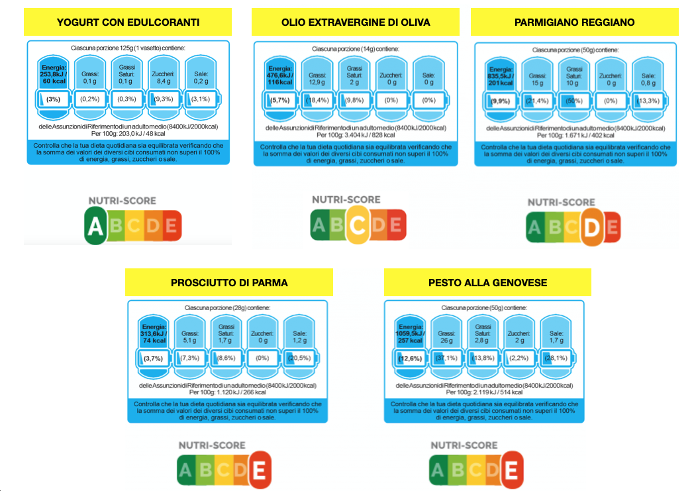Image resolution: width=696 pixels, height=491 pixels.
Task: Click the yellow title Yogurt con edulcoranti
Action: pyautogui.click(x=128, y=23)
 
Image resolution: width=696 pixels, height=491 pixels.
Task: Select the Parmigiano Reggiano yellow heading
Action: pyautogui.click(x=574, y=23)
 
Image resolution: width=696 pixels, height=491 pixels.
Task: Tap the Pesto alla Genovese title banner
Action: pyautogui.click(x=487, y=282)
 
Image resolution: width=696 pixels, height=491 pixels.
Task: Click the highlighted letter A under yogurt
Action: pyautogui.click(x=96, y=227)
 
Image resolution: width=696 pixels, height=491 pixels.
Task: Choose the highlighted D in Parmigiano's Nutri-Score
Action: pyautogui.click(x=593, y=228)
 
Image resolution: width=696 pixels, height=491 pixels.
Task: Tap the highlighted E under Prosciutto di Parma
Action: pyautogui.click(x=260, y=471)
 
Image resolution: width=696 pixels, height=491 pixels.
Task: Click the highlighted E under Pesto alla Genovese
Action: pyautogui.click(x=511, y=470)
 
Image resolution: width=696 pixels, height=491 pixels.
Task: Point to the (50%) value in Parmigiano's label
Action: pyautogui.click(x=574, y=101)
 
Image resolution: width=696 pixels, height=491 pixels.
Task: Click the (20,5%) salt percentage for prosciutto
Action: pyautogui.click(x=299, y=358)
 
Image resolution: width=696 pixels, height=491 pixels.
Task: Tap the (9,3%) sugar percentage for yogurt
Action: pyautogui.click(x=162, y=99)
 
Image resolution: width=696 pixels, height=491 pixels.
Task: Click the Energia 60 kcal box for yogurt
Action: pyautogui.click(x=54, y=72)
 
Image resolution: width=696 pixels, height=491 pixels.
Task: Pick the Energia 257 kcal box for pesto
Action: pyautogui.click(x=410, y=333)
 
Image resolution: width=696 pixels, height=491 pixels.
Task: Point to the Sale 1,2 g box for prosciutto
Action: pyautogui.click(x=299, y=333)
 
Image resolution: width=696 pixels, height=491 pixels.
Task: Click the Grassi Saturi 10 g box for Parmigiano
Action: pyautogui.click(x=574, y=76)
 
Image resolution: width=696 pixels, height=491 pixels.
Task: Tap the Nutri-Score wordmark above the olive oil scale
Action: pyautogui.click(x=346, y=199)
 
